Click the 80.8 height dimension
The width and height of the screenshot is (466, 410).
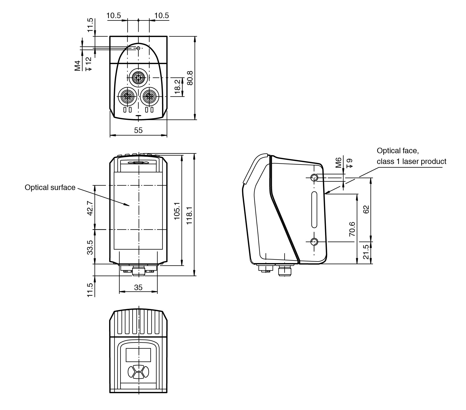click(x=190, y=78)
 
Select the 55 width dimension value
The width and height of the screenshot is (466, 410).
click(x=138, y=130)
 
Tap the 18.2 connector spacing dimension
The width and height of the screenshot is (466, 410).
click(x=178, y=87)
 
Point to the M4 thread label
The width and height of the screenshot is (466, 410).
click(x=77, y=66)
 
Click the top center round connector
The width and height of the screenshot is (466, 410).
click(x=138, y=78)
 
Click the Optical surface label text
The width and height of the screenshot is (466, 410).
click(x=50, y=187)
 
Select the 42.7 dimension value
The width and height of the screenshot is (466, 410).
click(x=90, y=208)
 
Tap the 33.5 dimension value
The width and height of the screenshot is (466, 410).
click(x=90, y=247)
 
